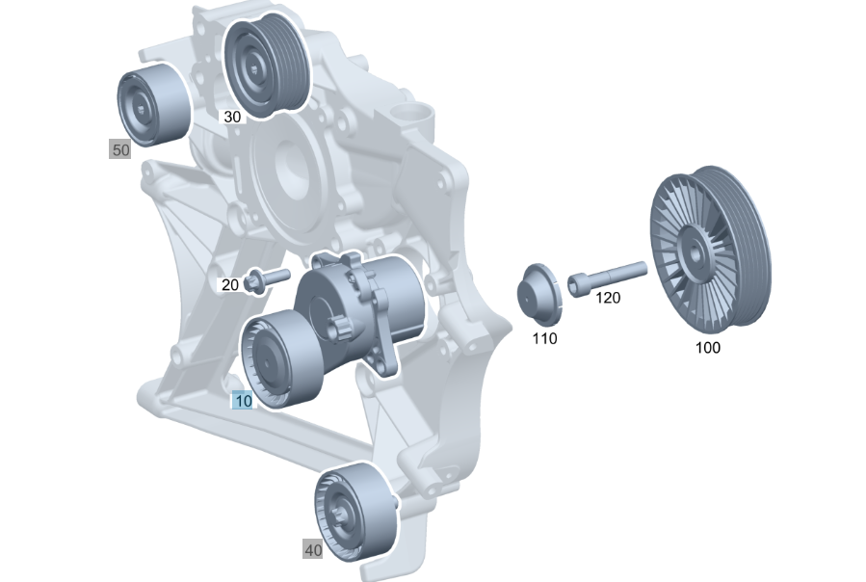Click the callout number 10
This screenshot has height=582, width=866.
point(243,400)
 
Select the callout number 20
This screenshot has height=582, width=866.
point(230,284)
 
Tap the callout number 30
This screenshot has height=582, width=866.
point(232,117)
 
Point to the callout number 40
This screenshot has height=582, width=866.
point(313,550)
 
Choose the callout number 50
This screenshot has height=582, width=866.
point(120,149)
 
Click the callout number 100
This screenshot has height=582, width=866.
point(707,348)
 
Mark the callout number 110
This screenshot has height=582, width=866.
point(544,338)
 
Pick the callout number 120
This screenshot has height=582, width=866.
point(608,298)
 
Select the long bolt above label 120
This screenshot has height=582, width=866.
point(607,278)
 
